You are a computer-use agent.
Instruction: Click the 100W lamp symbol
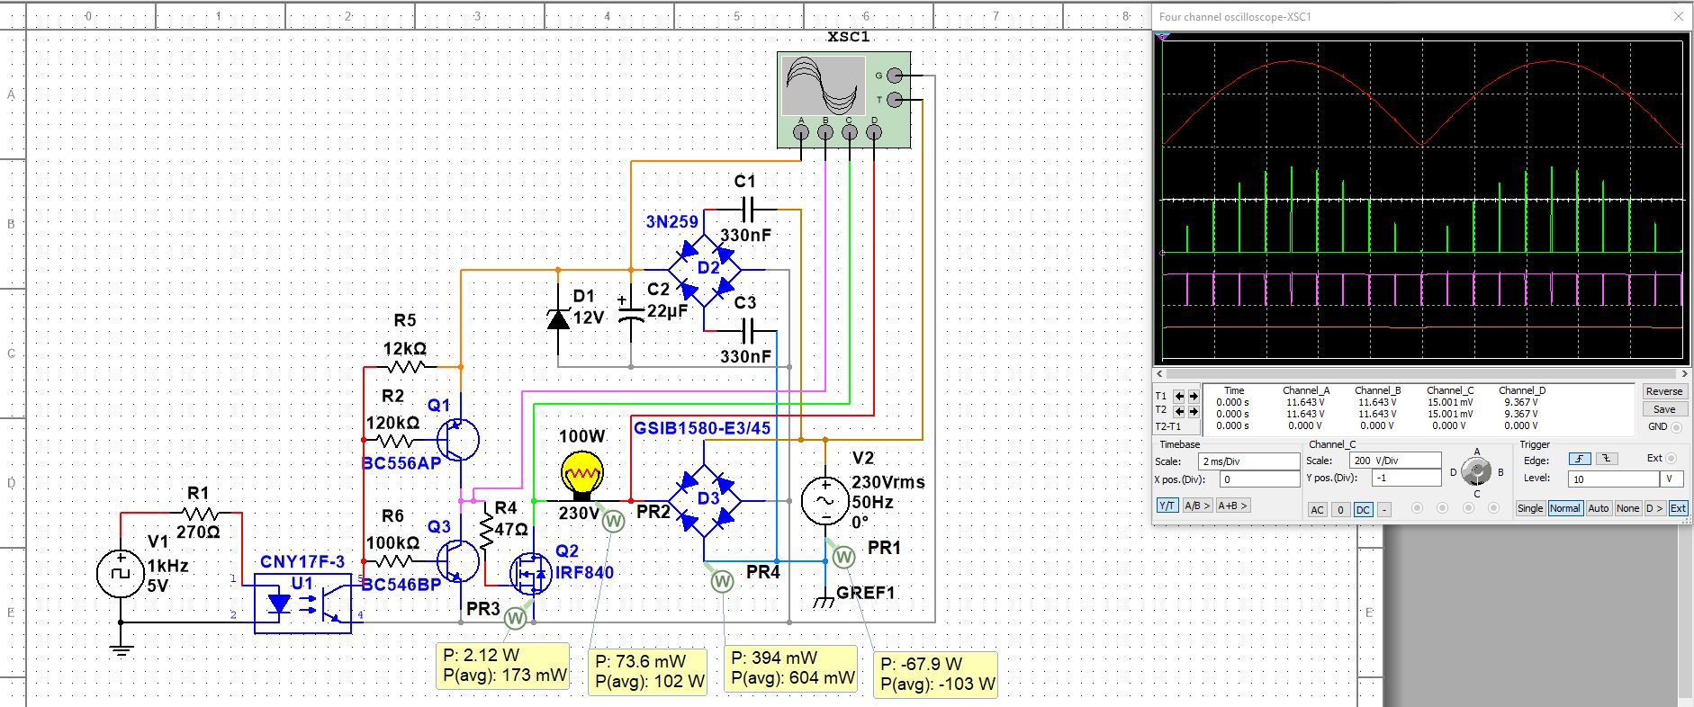tap(581, 475)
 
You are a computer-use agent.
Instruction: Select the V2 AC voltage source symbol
tap(824, 500)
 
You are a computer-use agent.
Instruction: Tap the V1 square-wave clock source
tap(121, 574)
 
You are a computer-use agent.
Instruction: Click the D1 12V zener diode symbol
tap(558, 318)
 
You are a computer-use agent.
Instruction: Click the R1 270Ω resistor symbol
tap(199, 514)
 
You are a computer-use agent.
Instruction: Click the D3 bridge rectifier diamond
tap(705, 500)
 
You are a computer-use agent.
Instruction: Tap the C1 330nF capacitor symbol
tap(745, 210)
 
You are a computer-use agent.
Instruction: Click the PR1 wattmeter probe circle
tap(843, 558)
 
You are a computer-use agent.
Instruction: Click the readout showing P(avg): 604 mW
tap(793, 678)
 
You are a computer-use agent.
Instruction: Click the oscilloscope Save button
tap(1664, 409)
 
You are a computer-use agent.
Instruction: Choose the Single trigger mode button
tap(1530, 508)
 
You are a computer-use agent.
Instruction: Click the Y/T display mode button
tap(1167, 506)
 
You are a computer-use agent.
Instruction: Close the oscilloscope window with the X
tap(1678, 16)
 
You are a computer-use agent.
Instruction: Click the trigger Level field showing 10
tap(1615, 479)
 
